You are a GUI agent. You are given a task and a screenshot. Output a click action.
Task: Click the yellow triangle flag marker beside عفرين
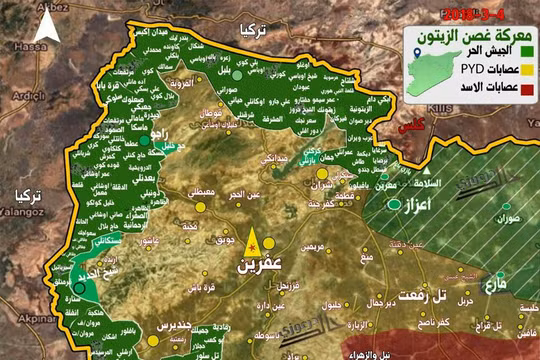pyautogui.click(x=251, y=243)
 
